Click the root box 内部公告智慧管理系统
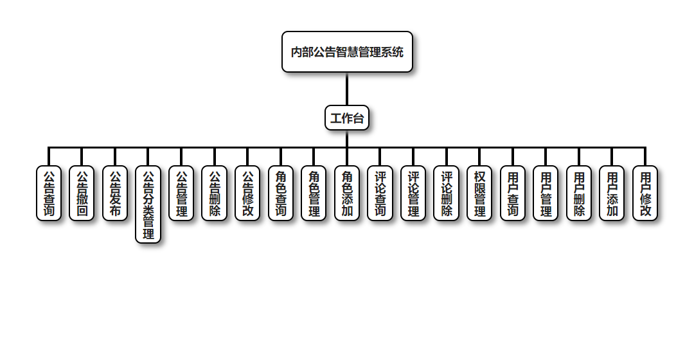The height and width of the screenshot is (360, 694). pyautogui.click(x=347, y=52)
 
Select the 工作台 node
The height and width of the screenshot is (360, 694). pyautogui.click(x=347, y=118)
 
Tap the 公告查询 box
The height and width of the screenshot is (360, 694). pyautogui.click(x=49, y=193)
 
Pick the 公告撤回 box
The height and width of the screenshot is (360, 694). pyautogui.click(x=82, y=193)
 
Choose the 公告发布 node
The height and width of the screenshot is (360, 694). pyautogui.click(x=115, y=193)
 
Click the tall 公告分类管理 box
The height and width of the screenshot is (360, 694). pyautogui.click(x=148, y=204)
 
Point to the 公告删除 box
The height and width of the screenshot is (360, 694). pyautogui.click(x=215, y=193)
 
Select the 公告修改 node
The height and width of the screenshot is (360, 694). pyautogui.click(x=247, y=193)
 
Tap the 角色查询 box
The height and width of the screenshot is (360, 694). pyautogui.click(x=281, y=193)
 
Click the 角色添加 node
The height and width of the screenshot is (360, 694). pyautogui.click(x=347, y=193)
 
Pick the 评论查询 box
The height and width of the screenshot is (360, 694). pyautogui.click(x=380, y=193)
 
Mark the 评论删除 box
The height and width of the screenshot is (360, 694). pyautogui.click(x=447, y=193)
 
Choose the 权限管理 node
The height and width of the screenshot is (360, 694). pyautogui.click(x=479, y=193)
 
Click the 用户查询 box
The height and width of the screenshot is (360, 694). pyautogui.click(x=513, y=193)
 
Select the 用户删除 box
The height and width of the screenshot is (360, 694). pyautogui.click(x=579, y=193)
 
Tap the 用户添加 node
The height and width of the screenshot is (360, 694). pyautogui.click(x=612, y=193)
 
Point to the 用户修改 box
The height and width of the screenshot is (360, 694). pyautogui.click(x=645, y=193)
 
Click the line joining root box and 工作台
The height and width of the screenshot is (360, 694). pyautogui.click(x=347, y=89)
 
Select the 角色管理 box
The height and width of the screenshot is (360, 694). pyautogui.click(x=314, y=193)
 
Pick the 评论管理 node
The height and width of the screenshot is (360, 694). pyautogui.click(x=413, y=193)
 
